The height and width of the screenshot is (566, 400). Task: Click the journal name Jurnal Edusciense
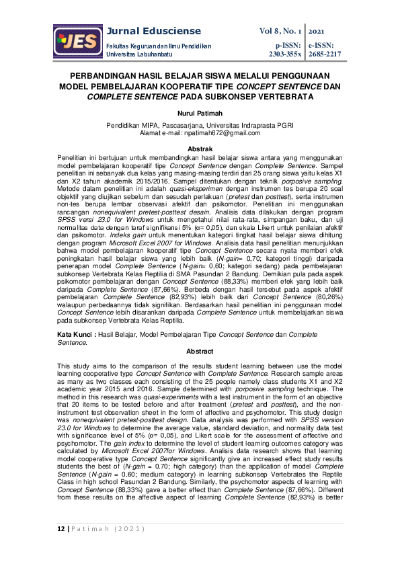coord(154,31)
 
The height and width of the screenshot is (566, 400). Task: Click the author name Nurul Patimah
coord(200,114)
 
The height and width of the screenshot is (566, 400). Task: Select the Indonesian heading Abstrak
coord(200,148)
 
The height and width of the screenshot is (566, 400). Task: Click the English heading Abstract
coord(200,352)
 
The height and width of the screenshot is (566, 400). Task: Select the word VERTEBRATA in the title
coord(285,97)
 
